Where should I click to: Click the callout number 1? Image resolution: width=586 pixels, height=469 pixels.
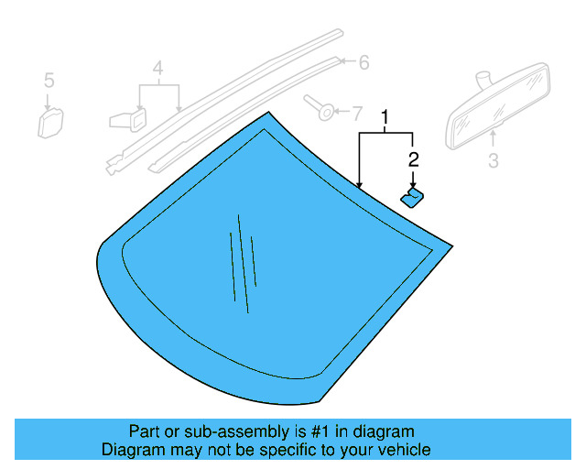click(385, 117)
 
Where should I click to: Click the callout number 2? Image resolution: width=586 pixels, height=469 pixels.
click(413, 159)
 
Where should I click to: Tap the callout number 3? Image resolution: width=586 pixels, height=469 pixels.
click(493, 162)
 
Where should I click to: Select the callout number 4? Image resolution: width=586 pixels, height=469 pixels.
click(157, 69)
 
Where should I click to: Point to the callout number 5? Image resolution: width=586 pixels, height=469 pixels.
click(49, 81)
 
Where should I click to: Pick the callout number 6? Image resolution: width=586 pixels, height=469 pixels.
click(364, 62)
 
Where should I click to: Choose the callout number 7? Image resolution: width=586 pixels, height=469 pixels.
click(357, 113)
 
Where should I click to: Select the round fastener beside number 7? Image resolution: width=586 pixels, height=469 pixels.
click(321, 109)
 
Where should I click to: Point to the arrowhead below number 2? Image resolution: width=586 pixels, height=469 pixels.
click(413, 184)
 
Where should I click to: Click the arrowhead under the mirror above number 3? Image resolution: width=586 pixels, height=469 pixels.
click(493, 136)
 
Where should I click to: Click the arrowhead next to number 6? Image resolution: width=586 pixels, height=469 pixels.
click(345, 61)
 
